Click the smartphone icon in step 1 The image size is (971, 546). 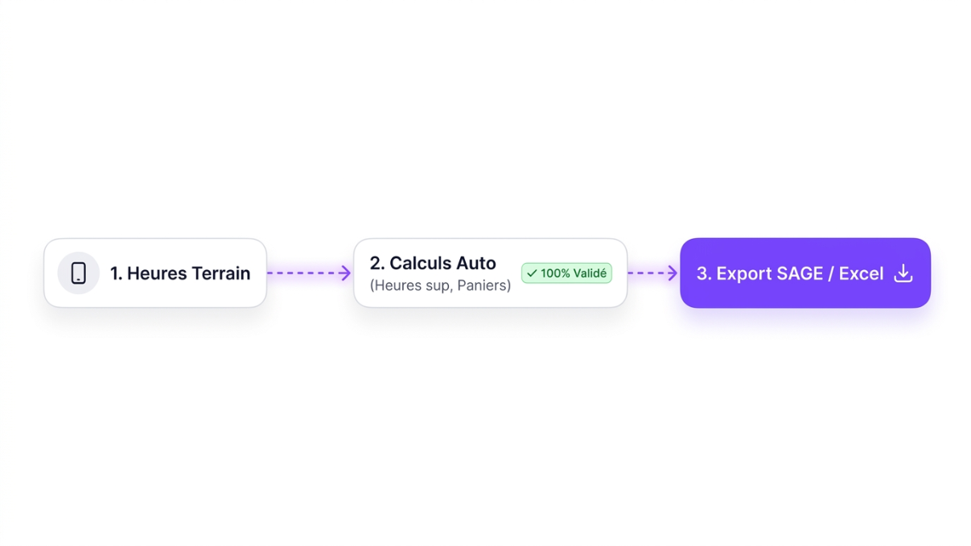[x=79, y=273]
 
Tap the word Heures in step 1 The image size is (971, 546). [x=157, y=273]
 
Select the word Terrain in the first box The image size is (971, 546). [x=221, y=273]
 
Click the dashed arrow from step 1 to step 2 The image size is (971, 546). [x=309, y=273]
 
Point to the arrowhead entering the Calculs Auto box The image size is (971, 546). [x=345, y=273]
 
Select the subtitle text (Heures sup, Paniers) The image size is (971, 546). [x=440, y=285]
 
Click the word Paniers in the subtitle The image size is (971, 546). [x=483, y=285]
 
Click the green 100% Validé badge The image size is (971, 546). [x=566, y=273]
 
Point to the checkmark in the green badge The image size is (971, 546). [x=532, y=273]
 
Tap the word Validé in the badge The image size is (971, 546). [x=590, y=273]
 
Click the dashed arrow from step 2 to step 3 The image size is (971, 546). [x=652, y=273]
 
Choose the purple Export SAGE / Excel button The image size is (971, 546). [x=805, y=273]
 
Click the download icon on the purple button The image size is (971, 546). [x=903, y=273]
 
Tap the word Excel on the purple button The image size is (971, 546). [x=861, y=273]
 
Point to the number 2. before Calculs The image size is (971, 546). [x=376, y=263]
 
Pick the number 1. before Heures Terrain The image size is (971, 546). [x=116, y=273]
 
